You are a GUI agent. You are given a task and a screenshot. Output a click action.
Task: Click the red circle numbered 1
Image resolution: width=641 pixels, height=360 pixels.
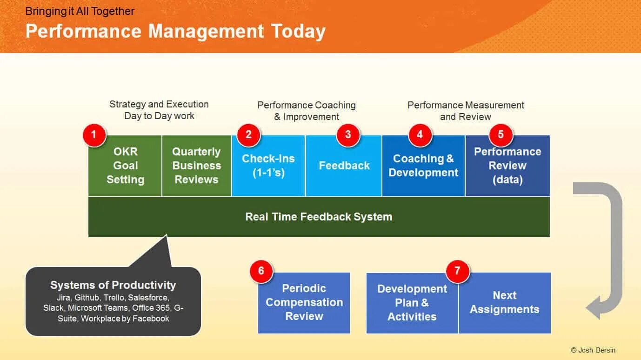(x=94, y=135)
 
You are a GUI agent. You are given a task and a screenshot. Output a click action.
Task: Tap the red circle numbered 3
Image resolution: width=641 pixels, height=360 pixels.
(x=348, y=135)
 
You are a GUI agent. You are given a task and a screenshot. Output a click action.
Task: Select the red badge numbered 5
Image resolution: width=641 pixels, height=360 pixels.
(x=501, y=135)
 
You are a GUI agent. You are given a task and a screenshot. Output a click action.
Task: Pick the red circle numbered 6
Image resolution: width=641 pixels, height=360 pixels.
(x=261, y=271)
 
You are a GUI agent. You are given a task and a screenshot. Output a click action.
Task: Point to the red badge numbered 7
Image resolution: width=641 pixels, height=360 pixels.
(x=457, y=271)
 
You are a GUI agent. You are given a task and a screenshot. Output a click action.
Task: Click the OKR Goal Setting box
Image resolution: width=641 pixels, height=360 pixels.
(x=125, y=166)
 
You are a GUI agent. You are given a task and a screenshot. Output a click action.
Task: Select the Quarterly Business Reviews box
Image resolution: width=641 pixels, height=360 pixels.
(x=197, y=166)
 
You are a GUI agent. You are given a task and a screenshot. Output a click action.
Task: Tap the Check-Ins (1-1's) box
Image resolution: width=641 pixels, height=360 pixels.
(x=268, y=166)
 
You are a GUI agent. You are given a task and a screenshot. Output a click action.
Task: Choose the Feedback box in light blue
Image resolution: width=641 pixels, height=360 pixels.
(x=344, y=166)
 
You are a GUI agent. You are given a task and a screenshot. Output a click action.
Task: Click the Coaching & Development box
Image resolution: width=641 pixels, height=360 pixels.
(x=423, y=166)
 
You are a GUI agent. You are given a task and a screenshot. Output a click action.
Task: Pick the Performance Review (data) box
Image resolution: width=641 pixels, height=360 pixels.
(x=507, y=166)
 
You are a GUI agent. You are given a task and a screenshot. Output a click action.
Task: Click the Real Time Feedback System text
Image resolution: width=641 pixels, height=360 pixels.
(x=319, y=217)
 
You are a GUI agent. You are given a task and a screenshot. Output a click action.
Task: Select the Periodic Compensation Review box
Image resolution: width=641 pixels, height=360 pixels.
(x=304, y=303)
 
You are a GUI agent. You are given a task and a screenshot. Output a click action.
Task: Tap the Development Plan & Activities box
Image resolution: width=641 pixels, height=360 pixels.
(x=412, y=303)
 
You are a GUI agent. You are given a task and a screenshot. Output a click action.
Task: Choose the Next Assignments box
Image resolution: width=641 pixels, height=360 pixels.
(x=505, y=303)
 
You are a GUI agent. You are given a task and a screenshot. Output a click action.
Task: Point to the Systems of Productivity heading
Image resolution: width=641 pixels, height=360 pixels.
(x=113, y=285)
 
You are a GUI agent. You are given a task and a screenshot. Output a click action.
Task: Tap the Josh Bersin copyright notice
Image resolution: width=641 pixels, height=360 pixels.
(x=593, y=350)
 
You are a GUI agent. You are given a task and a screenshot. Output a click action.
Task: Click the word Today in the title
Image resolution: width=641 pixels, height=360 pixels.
(x=298, y=32)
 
